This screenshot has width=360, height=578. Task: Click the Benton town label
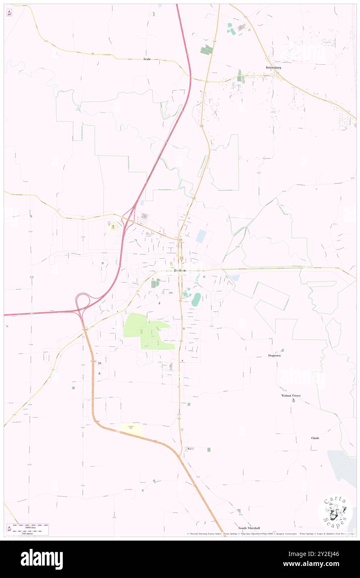click(x=180, y=271)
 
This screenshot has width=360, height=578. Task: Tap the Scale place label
click(x=147, y=59)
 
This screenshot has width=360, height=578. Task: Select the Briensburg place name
click(x=274, y=67)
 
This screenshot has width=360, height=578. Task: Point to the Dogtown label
click(x=275, y=356)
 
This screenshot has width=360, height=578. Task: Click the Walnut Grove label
click(x=291, y=395)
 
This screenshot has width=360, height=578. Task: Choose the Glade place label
click(x=316, y=438)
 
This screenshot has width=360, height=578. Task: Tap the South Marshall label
click(x=249, y=528)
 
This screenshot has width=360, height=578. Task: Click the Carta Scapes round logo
click(x=335, y=511)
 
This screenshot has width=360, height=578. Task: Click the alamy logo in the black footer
click(x=42, y=559)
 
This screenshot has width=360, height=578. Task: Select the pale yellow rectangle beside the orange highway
click(x=132, y=430)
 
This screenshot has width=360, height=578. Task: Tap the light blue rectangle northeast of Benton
click(x=201, y=237)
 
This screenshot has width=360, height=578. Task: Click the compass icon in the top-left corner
click(x=9, y=13)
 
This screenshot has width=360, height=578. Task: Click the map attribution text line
click(x=270, y=534)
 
